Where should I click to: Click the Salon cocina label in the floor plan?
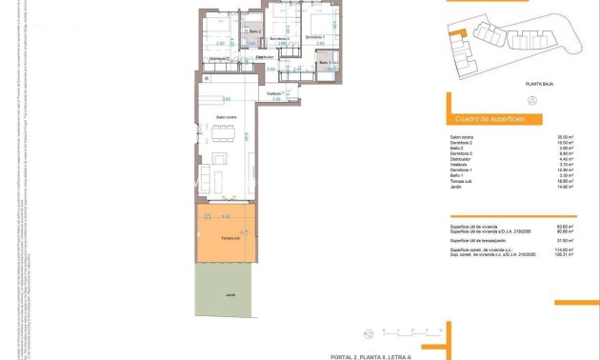tap(225, 116)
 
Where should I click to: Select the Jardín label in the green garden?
tap(230, 295)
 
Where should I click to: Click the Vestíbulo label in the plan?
tap(274, 93)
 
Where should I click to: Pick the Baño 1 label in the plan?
tap(325, 64)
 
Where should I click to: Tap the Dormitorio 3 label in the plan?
tap(279, 38)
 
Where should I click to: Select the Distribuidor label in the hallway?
tap(265, 56)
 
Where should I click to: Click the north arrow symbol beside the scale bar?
tap(369, 332)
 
